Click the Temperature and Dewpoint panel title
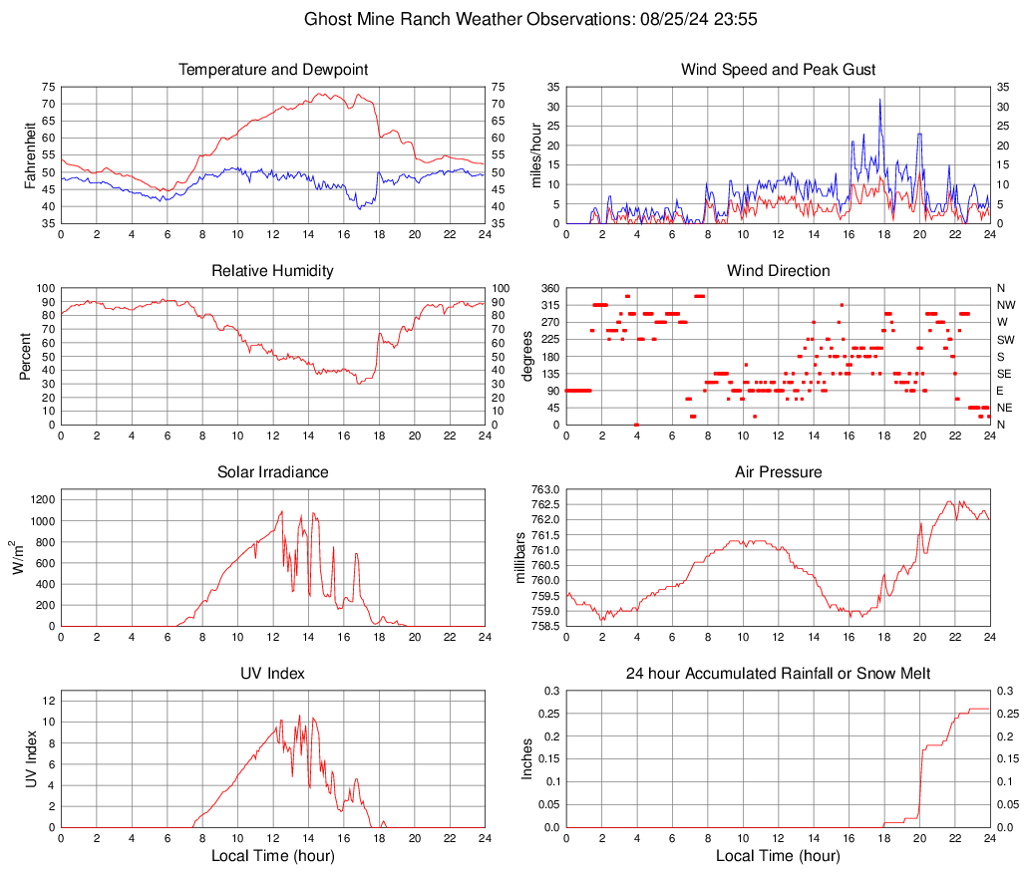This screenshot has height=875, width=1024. [273, 70]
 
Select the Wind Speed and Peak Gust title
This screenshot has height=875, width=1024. [778, 70]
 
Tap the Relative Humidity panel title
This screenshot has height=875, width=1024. [273, 271]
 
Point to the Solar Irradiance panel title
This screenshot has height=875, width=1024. [273, 472]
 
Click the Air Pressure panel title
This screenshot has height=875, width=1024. [778, 472]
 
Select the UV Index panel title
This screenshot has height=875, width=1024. [273, 674]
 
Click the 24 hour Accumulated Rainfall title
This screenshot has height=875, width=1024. [778, 674]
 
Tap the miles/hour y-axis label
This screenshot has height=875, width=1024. [536, 154]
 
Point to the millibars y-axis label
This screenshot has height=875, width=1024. [519, 557]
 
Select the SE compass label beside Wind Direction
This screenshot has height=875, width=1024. [1004, 374]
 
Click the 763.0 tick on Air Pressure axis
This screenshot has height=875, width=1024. [544, 489]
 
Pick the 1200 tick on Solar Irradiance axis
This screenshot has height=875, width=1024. [40, 497]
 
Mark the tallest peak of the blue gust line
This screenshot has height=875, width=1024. [880, 100]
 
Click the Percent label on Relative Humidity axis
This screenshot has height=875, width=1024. [28, 356]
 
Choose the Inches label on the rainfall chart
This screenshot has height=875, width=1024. [528, 758]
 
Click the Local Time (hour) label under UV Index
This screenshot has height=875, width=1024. [273, 855]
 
